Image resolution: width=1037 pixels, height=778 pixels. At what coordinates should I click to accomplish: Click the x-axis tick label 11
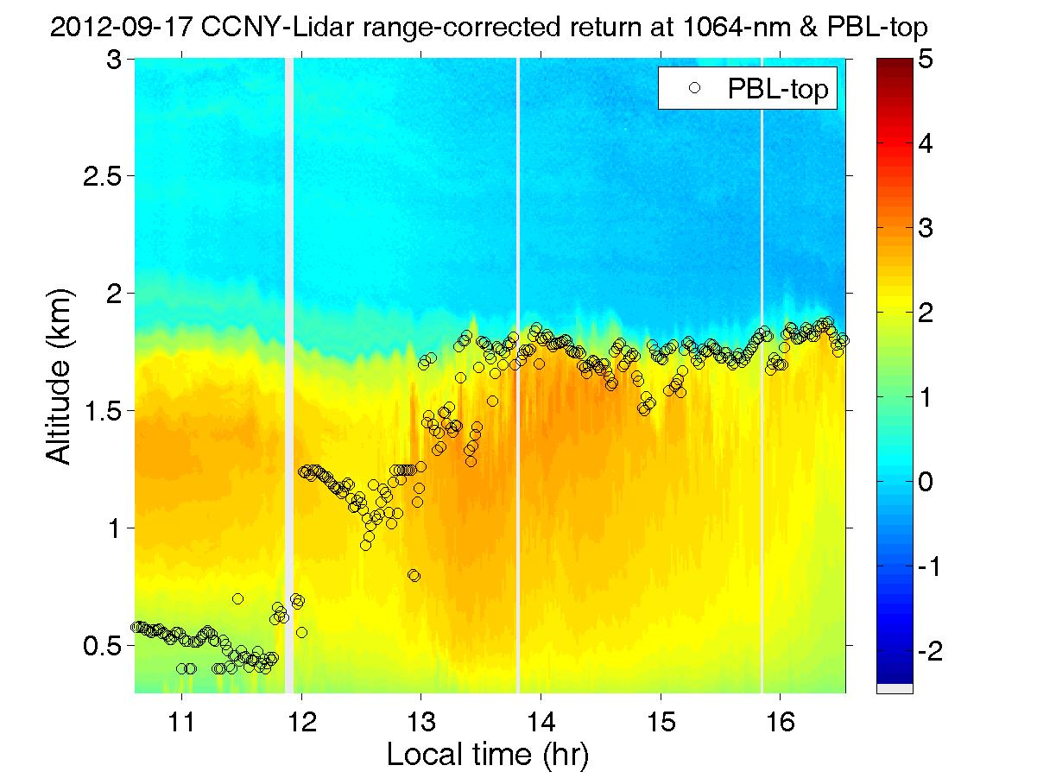pos(181,719)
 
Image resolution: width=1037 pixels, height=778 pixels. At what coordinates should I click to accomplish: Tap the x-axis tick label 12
pos(301,719)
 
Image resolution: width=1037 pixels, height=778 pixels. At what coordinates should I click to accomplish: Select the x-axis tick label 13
pos(421,719)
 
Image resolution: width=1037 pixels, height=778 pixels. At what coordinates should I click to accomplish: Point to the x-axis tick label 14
pos(541,719)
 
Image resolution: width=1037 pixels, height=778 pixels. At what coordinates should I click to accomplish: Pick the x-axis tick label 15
pos(661,719)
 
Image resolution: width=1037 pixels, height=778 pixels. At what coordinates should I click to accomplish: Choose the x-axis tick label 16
pos(781,719)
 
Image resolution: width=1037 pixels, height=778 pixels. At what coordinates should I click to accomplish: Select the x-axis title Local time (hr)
pos(488,756)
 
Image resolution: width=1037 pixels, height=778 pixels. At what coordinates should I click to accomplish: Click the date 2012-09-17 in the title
pos(127,28)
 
